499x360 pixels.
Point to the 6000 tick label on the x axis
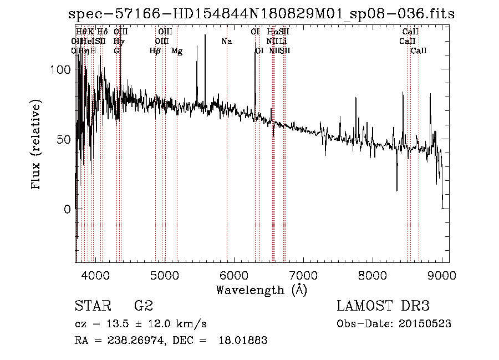coord(234,275)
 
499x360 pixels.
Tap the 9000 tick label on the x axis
coord(442,275)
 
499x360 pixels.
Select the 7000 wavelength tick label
coord(303,275)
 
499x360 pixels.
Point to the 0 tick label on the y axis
coord(67,210)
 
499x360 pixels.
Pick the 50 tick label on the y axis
coord(63,140)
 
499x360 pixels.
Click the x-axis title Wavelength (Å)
coord(261,290)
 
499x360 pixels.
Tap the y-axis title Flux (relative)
coord(37,146)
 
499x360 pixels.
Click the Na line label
coord(226,41)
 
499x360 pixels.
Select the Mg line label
coord(177,51)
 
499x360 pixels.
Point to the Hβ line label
coord(155,51)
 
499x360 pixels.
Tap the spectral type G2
coord(143,307)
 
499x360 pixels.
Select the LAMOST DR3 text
coord(383,307)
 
